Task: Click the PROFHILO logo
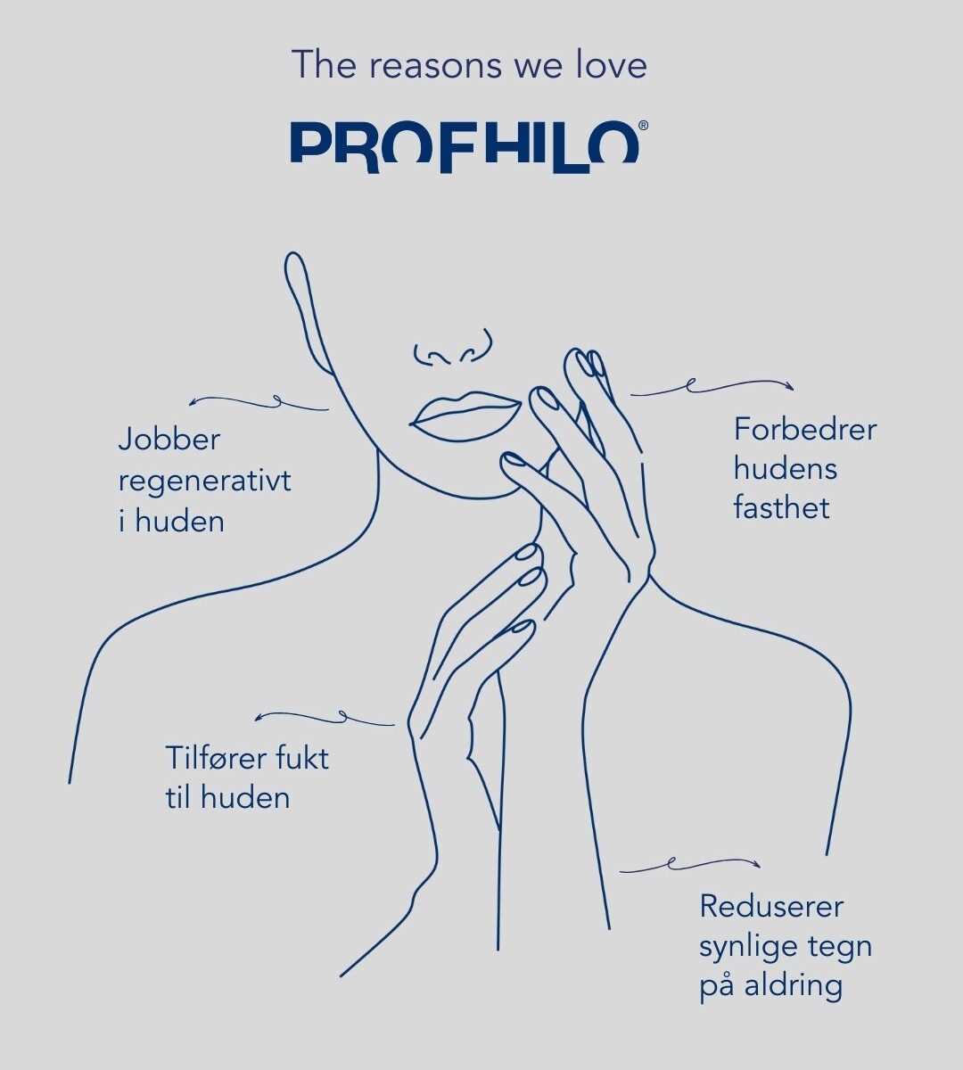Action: click(x=465, y=147)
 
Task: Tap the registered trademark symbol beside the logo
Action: click(x=644, y=126)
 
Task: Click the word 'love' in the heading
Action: click(x=611, y=65)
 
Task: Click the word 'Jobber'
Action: click(x=169, y=440)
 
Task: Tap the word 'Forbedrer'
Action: click(x=805, y=430)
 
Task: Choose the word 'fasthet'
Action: click(x=782, y=507)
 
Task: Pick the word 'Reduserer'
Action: click(x=771, y=906)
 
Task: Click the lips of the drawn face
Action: click(x=465, y=416)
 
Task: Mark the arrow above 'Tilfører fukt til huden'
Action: click(x=325, y=718)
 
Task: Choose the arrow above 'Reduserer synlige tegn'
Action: click(x=690, y=863)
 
